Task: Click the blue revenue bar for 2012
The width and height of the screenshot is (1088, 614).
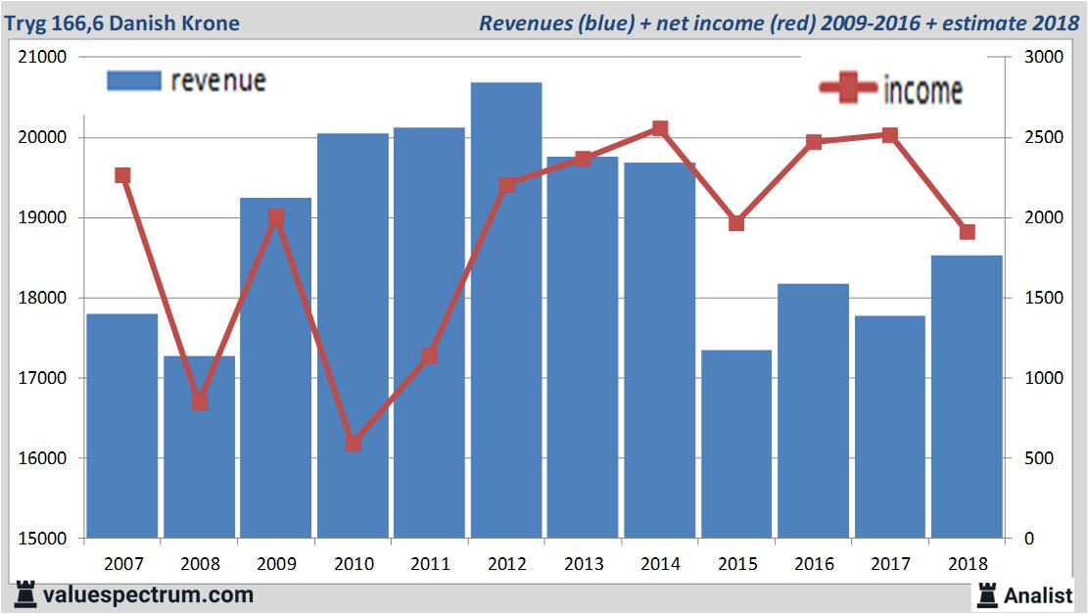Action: click(x=505, y=313)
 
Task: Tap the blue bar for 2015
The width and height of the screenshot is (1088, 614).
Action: click(x=736, y=445)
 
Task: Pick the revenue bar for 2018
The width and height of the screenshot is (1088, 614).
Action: click(x=967, y=397)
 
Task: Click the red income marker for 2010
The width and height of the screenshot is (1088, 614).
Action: click(x=354, y=444)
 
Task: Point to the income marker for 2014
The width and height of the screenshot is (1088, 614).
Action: click(x=660, y=128)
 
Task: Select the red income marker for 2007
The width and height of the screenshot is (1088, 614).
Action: click(x=122, y=175)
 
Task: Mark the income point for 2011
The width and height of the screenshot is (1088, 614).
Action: click(x=430, y=355)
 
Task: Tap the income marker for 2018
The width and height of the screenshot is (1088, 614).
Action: click(x=967, y=232)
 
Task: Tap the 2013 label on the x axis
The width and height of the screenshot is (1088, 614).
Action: click(x=583, y=564)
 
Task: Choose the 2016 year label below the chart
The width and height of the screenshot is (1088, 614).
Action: click(x=813, y=564)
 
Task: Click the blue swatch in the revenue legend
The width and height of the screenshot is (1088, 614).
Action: click(x=133, y=80)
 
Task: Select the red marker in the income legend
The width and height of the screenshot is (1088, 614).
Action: click(x=848, y=89)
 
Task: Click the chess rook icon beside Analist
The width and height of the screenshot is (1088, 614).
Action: click(x=986, y=593)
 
